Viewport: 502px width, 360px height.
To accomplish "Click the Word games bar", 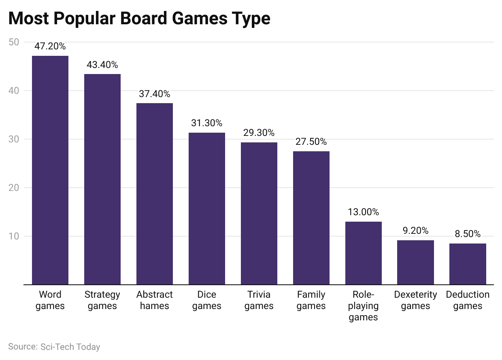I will pyautogui.click(x=50, y=170).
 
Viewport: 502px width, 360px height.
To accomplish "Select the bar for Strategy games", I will pyautogui.click(x=102, y=179).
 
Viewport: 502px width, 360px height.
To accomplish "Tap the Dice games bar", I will pyautogui.click(x=207, y=208).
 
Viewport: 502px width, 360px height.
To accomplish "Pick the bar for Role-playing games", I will pyautogui.click(x=363, y=253).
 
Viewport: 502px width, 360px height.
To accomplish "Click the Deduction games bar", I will pyautogui.click(x=468, y=264).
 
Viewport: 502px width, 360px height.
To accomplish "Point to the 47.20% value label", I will pyautogui.click(x=50, y=46).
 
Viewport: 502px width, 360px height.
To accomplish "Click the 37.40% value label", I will pyautogui.click(x=155, y=94).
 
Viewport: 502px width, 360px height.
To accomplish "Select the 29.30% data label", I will pyautogui.click(x=259, y=133).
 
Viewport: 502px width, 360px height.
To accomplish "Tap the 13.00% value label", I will pyautogui.click(x=363, y=212).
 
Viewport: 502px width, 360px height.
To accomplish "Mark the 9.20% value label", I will pyautogui.click(x=415, y=231).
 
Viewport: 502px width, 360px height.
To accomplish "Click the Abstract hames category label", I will pyautogui.click(x=155, y=300).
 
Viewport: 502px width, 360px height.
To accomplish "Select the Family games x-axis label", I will pyautogui.click(x=311, y=300).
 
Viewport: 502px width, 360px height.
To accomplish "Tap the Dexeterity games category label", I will pyautogui.click(x=415, y=300).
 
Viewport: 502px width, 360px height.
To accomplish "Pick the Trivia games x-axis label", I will pyautogui.click(x=259, y=300).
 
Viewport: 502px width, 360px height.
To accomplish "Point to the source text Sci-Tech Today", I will pyautogui.click(x=70, y=347).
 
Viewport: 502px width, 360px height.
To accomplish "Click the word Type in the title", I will pyautogui.click(x=251, y=19).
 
